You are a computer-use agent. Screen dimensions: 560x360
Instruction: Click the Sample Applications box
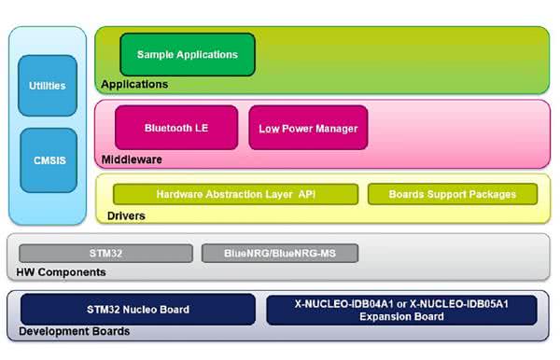[x=188, y=55]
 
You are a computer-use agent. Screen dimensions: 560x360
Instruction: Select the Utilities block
[x=48, y=86]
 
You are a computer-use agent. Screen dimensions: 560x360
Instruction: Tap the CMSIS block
[x=49, y=160]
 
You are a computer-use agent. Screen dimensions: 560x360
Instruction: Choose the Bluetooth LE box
[x=176, y=128]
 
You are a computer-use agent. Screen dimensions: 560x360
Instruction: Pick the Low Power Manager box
[x=308, y=128]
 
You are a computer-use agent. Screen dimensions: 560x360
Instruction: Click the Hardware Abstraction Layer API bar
[x=236, y=194]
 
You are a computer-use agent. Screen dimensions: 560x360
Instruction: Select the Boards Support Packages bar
[x=453, y=194]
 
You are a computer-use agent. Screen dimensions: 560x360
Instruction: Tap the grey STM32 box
[x=105, y=254]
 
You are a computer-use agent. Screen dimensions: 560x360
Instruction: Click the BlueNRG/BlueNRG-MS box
[x=280, y=254]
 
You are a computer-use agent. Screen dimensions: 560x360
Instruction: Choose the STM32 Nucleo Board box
[x=138, y=310]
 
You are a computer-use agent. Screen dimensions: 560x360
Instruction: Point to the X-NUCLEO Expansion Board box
[x=401, y=310]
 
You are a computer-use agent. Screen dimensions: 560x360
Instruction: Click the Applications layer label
[x=134, y=85]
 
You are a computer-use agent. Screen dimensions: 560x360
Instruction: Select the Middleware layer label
[x=132, y=159]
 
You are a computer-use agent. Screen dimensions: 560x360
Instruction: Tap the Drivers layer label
[x=126, y=215]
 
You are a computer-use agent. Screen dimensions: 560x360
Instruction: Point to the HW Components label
[x=61, y=272]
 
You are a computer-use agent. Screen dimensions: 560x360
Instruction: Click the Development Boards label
[x=75, y=331]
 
